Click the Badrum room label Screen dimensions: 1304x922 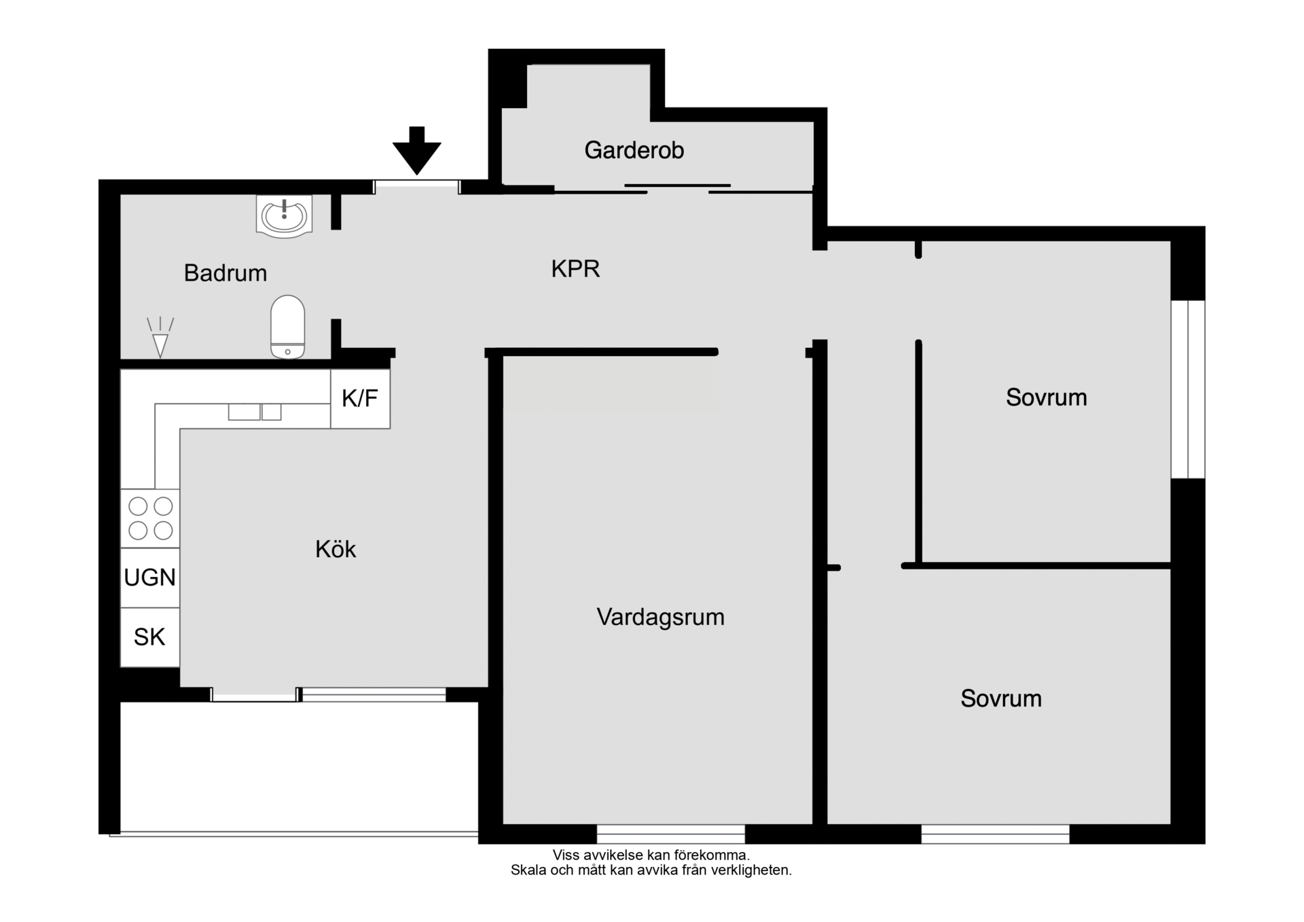pos(225,273)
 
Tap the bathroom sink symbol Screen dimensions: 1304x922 pos(284,215)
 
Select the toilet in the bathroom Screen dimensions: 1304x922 pos(287,326)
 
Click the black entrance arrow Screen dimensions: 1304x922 pos(417,150)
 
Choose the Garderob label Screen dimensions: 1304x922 pos(634,150)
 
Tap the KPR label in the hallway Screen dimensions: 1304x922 pos(575,269)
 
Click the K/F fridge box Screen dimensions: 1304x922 pos(360,399)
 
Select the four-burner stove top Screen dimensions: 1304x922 pos(150,518)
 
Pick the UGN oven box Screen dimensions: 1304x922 pos(150,578)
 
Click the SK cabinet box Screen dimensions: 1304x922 pos(150,637)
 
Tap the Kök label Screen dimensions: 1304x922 pos(336,549)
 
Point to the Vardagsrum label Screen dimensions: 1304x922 pos(660,617)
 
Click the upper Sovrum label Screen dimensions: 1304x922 pos(1046,397)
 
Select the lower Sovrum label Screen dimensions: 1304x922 pos(1001,698)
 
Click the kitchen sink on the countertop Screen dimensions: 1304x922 pos(255,412)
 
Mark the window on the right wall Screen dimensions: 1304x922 pos(1188,389)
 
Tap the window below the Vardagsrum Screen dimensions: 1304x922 pos(671,834)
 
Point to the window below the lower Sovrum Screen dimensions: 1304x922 pos(996,834)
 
